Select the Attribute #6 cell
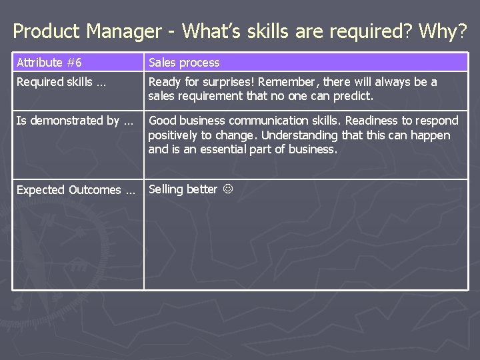click(49, 63)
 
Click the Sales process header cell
click(184, 63)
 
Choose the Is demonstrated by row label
click(75, 121)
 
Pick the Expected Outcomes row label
click(75, 190)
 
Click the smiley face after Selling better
click(226, 189)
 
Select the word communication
click(260, 121)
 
